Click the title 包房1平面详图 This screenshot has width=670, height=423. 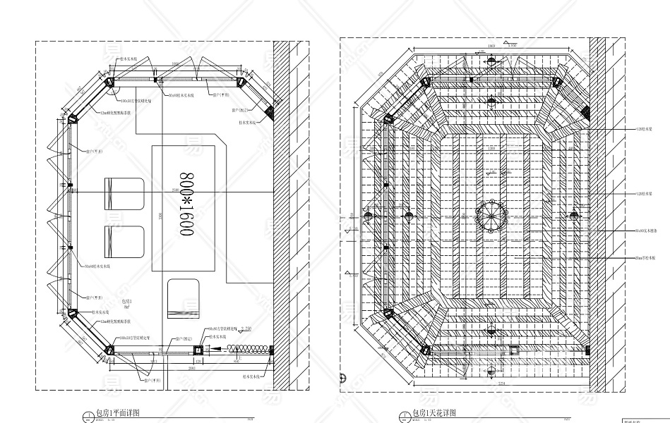[x=117, y=412]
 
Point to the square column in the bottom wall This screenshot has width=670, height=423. [x=199, y=350]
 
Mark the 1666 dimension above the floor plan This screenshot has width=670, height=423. [x=174, y=63]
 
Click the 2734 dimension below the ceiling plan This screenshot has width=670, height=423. [x=501, y=383]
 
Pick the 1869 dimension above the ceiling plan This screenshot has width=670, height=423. [x=491, y=46]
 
